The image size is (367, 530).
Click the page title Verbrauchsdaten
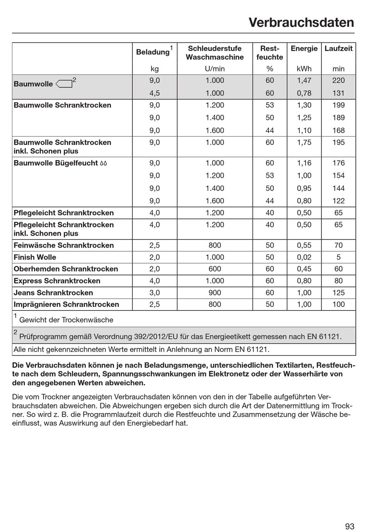[x=301, y=22]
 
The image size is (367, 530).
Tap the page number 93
[x=349, y=516]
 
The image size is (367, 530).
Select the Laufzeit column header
[x=338, y=49]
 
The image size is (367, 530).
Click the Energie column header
[x=304, y=49]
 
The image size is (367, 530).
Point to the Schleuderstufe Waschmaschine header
[x=215, y=53]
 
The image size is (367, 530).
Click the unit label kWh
[x=304, y=69]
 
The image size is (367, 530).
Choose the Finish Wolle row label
[x=35, y=257]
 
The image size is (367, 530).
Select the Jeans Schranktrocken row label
[x=53, y=293]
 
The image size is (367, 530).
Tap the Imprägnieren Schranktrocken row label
[x=66, y=304]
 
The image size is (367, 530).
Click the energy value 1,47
[x=304, y=80]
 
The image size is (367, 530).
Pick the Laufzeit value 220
[x=338, y=80]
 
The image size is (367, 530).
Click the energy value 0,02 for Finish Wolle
[x=304, y=257]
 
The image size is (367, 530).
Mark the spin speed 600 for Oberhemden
[x=215, y=269]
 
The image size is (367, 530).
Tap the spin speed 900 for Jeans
[x=215, y=293]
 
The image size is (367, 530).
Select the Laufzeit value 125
[x=338, y=293]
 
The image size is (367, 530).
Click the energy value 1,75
[x=304, y=142]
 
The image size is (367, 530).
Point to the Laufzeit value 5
[x=338, y=257]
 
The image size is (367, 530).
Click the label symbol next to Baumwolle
[x=64, y=84]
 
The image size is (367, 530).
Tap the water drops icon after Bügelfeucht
[x=103, y=163]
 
